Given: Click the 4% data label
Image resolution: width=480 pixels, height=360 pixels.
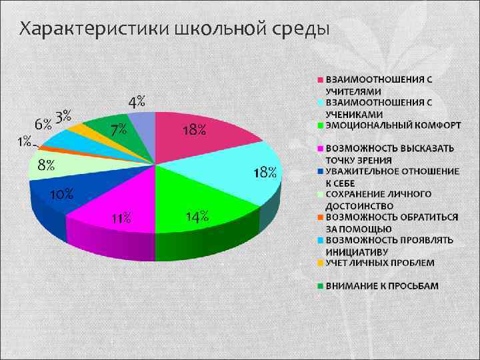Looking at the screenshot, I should pos(137,101).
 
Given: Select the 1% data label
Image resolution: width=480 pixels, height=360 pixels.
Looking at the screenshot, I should pos(24,141).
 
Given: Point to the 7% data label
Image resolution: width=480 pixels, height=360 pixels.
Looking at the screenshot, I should pos(119,130).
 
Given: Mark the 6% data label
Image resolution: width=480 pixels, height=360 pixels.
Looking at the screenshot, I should pos(43,124).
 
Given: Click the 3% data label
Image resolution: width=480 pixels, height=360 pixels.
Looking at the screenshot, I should pos(64,115).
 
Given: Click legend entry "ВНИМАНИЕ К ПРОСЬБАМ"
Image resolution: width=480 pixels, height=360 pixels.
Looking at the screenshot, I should pos(381,286).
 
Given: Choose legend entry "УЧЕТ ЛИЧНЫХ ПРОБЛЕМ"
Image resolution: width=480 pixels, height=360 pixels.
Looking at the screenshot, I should pos(379,263).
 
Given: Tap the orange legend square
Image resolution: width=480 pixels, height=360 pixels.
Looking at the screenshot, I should pos(320,217).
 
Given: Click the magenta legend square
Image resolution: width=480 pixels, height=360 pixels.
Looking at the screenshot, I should pos(320,148).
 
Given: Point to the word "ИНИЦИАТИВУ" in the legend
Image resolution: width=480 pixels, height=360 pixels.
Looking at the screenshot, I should pos(357,251).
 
